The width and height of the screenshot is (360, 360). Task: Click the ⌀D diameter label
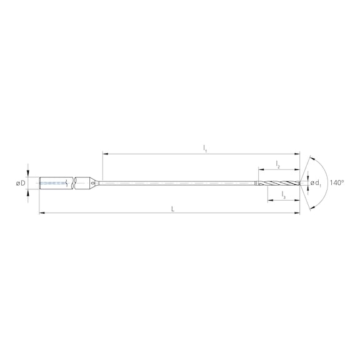(20, 183)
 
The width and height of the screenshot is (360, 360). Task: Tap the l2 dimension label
(277, 164)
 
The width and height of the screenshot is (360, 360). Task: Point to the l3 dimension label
(283, 196)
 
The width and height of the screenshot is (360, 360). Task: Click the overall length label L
(173, 208)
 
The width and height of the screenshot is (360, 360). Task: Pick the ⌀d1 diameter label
(316, 183)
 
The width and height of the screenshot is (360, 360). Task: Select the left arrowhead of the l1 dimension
(104, 153)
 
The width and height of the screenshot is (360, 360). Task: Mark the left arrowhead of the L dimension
(41, 213)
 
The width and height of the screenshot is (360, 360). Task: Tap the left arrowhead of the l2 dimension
(257, 169)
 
